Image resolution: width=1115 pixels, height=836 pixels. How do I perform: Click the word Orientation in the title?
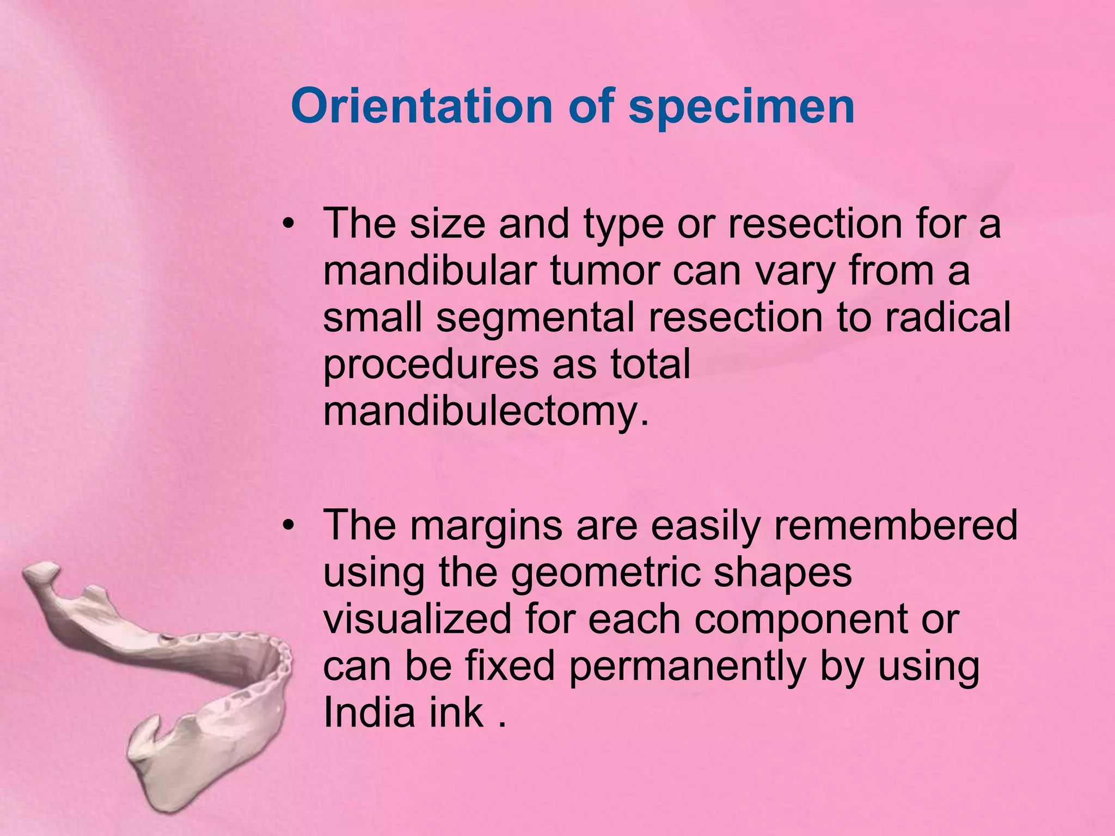point(422,106)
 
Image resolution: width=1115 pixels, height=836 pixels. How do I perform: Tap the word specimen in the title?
point(741,106)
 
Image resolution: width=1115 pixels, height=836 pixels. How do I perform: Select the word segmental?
point(535,317)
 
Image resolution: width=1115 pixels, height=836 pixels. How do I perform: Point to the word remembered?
point(895,525)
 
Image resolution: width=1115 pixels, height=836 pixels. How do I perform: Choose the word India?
point(369,712)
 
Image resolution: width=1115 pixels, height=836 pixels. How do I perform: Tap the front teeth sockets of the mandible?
point(280,661)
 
